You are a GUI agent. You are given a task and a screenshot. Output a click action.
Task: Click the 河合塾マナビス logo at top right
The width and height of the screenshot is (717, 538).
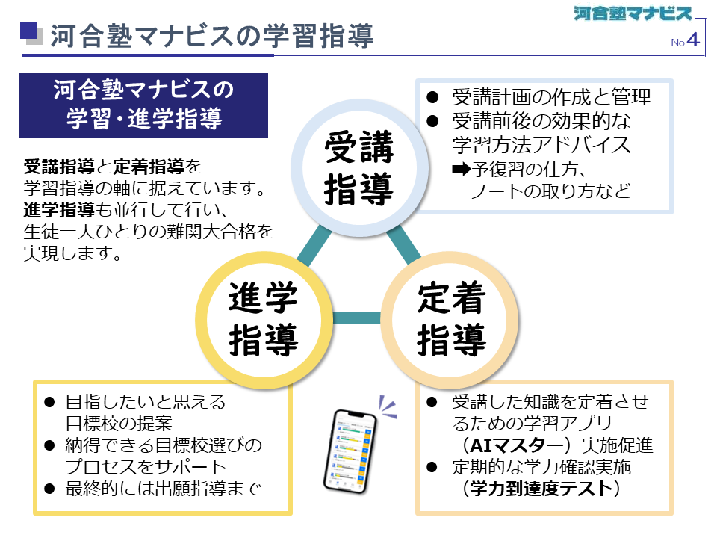[x=633, y=13]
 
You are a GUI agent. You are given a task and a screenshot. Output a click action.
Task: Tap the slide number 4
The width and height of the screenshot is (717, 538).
[x=693, y=40]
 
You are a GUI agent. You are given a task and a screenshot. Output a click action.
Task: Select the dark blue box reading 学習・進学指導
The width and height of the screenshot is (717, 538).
[x=143, y=105]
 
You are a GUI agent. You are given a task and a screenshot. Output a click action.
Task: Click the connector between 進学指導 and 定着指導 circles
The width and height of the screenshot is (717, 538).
[x=357, y=318]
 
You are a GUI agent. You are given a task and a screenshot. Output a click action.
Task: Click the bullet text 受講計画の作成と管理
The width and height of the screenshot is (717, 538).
[x=552, y=98]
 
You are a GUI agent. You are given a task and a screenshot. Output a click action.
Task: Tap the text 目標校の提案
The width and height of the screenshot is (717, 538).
[x=119, y=424]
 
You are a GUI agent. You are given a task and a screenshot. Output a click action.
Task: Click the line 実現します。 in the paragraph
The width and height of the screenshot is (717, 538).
[x=72, y=255]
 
